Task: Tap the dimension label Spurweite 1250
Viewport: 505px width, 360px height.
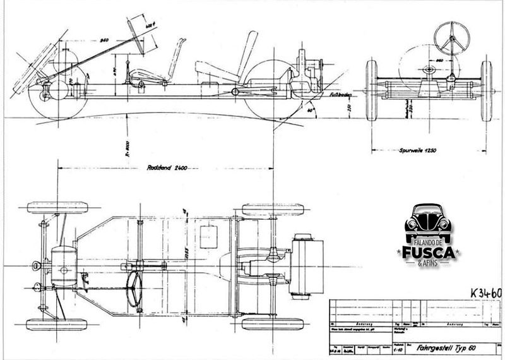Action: [419, 151]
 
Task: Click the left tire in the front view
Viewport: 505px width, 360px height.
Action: [371, 90]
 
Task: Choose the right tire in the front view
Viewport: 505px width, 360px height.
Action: [487, 90]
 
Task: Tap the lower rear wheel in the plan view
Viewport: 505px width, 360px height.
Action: [272, 323]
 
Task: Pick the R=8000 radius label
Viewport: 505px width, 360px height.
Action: [128, 147]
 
